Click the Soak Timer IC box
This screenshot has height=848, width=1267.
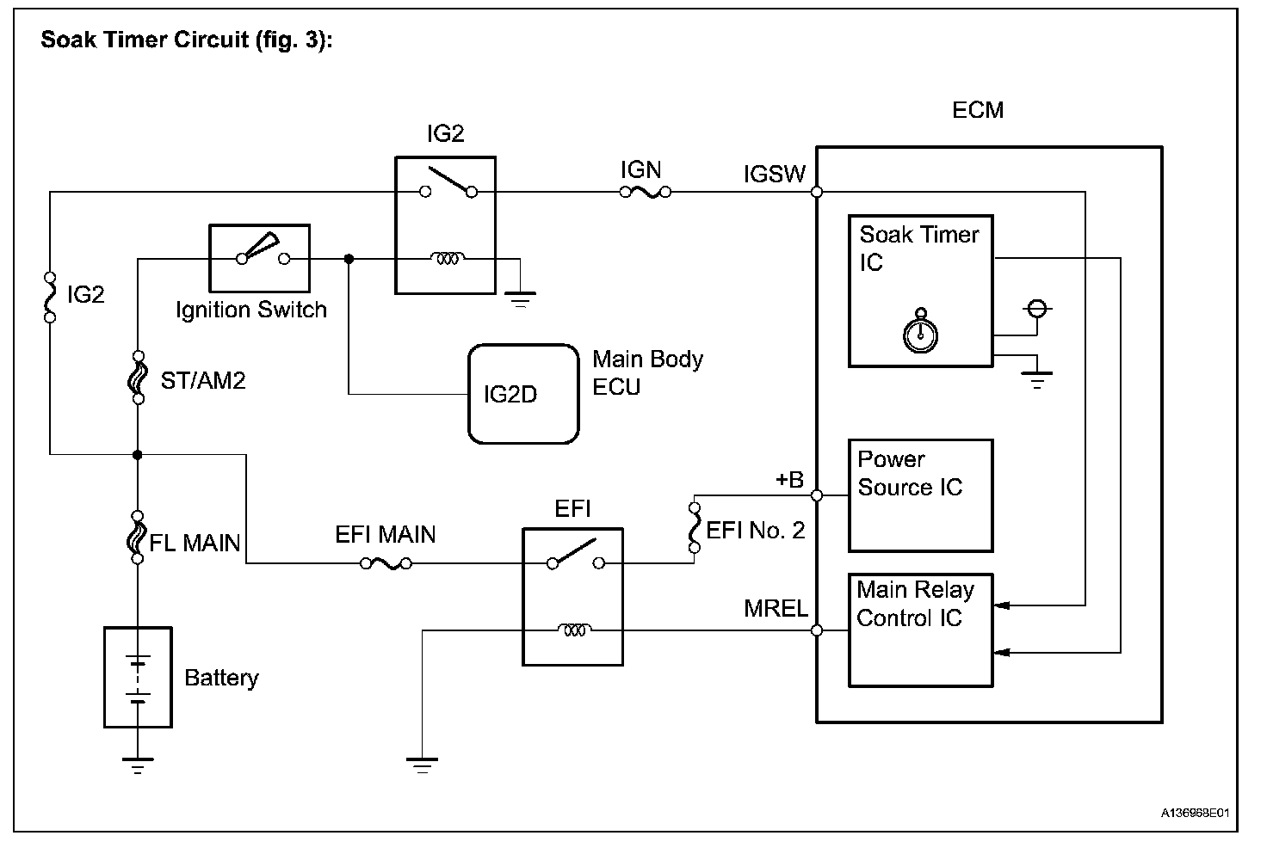click(920, 291)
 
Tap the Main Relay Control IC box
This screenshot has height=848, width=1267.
click(920, 630)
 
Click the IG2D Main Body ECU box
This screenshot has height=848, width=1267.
click(522, 394)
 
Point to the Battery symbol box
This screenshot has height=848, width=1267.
click(138, 677)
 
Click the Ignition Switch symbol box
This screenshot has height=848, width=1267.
click(259, 258)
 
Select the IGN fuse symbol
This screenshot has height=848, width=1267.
click(645, 192)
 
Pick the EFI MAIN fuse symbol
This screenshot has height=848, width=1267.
click(386, 564)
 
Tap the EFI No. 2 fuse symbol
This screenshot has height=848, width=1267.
click(694, 525)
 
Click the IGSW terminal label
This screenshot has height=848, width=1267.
click(774, 175)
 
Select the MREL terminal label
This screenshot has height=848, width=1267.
click(776, 609)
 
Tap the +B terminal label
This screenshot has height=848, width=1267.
click(788, 480)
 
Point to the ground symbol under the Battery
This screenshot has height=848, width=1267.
click(138, 764)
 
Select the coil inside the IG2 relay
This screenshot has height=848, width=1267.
click(448, 257)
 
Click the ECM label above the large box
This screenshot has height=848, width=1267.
click(978, 110)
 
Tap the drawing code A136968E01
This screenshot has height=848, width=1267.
click(1196, 813)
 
